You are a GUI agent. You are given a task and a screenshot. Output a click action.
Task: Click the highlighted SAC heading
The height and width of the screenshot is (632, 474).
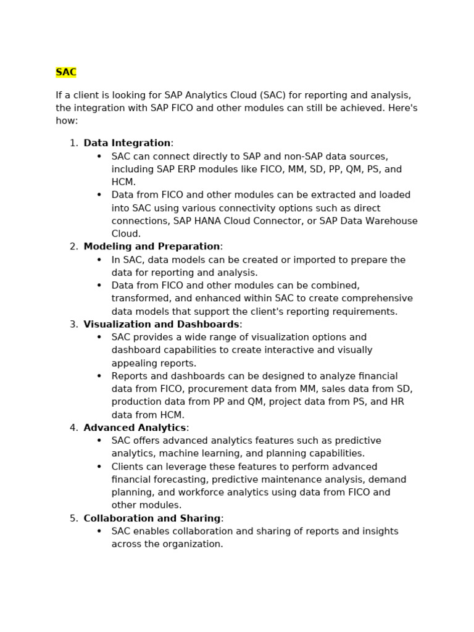point(66,73)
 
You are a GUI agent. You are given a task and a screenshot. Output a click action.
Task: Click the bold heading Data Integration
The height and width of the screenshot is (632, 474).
point(127,143)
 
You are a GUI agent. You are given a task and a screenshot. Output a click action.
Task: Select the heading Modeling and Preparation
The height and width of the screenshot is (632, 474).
point(152,247)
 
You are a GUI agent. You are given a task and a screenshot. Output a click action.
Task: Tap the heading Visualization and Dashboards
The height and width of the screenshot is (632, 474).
point(161,325)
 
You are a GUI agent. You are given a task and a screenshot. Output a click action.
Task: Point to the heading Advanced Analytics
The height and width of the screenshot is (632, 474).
point(135,428)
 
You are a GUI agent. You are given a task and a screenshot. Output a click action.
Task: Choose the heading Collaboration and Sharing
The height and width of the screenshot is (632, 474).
point(152,518)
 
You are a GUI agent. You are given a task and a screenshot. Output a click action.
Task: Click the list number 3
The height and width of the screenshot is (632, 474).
point(73,325)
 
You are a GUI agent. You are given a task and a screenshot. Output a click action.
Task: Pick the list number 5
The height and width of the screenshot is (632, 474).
point(73,518)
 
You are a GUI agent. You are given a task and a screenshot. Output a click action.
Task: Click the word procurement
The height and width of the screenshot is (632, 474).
point(251,389)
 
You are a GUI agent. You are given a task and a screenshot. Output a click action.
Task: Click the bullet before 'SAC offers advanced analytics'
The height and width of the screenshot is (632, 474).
point(99,441)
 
